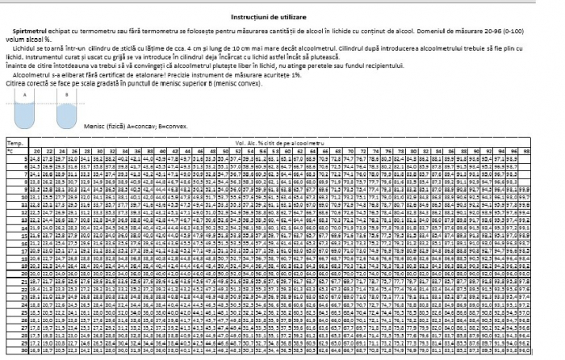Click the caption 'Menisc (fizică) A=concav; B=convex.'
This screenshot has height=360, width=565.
[x=132, y=125]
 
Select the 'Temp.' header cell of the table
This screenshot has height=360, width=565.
[x=14, y=143]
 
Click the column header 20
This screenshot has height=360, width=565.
[x=36, y=151]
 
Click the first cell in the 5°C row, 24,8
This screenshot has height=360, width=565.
[x=35, y=159]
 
